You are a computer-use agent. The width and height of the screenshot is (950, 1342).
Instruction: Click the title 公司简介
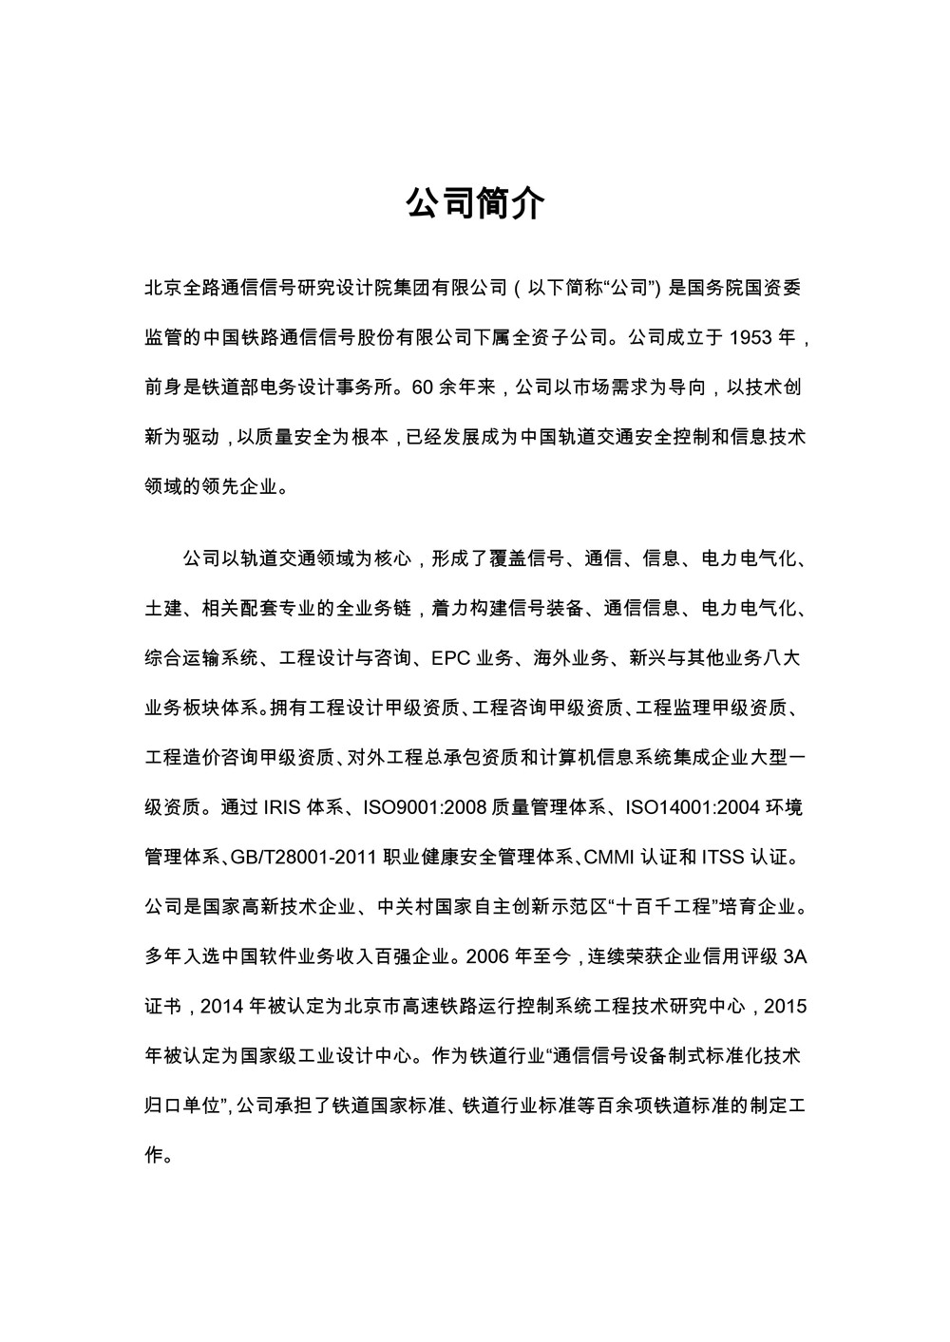475,202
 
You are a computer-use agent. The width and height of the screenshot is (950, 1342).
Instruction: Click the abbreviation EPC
450,658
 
